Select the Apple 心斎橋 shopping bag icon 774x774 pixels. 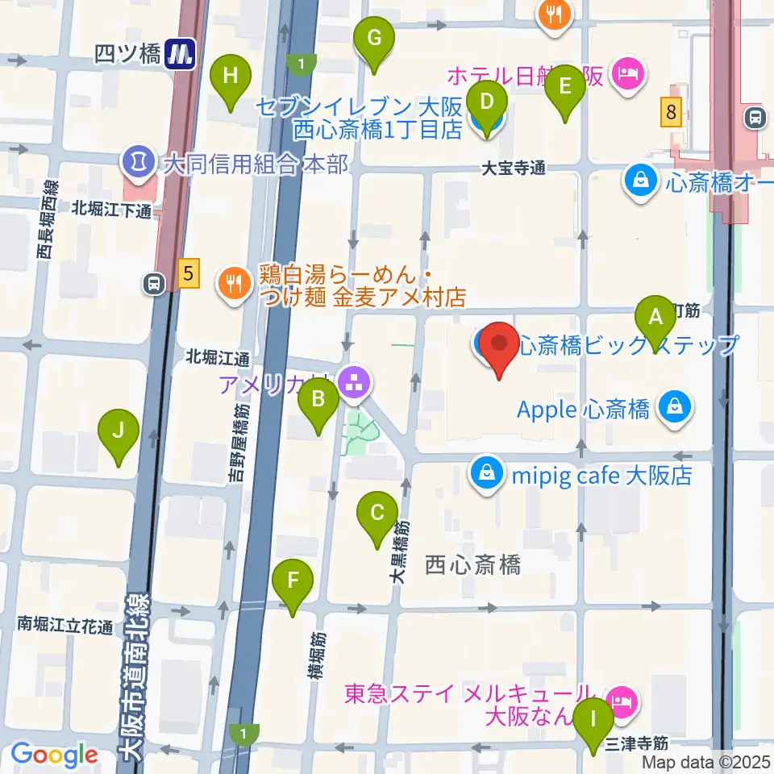click(x=671, y=409)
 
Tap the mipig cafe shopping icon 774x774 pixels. click(x=487, y=475)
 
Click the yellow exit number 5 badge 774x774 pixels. click(x=188, y=274)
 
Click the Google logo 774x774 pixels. click(x=54, y=755)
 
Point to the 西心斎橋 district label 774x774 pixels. click(x=472, y=565)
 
